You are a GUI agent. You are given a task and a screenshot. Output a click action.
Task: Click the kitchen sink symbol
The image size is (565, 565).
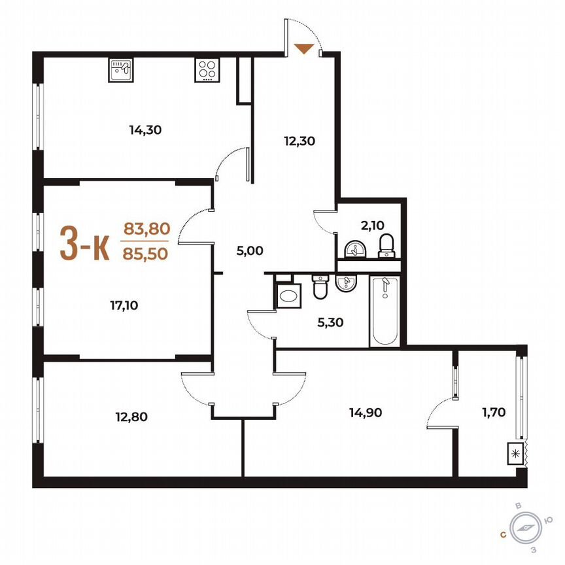[x=121, y=69]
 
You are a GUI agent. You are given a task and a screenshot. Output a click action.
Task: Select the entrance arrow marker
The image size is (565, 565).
[x=303, y=48]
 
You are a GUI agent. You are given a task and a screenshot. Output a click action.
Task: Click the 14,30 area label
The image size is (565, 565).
[x=145, y=129]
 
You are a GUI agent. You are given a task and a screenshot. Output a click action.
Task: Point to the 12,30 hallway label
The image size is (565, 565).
[x=300, y=139]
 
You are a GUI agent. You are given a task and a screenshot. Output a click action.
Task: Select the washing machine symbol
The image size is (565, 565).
[x=288, y=296]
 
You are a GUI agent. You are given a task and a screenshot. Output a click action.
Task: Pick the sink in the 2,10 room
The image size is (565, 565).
[x=354, y=249]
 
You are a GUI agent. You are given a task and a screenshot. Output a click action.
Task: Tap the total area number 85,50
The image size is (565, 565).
[x=146, y=252]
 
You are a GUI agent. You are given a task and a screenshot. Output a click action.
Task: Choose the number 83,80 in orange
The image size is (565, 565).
[x=146, y=229]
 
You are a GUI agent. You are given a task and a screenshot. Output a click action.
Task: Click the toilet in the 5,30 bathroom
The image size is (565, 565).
[x=320, y=288]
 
